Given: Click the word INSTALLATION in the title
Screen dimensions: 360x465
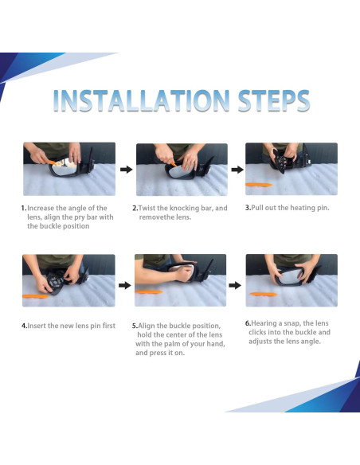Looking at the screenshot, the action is [x=142, y=100].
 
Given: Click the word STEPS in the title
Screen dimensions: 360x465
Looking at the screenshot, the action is [x=274, y=100].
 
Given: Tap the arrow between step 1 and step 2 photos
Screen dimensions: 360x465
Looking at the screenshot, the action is [x=127, y=170].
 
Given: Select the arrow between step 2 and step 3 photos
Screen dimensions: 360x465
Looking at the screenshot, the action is [x=237, y=170].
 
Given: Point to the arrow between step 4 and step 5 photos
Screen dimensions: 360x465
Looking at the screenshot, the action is [x=125, y=285].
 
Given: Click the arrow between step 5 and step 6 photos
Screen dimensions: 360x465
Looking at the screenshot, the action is [x=235, y=285].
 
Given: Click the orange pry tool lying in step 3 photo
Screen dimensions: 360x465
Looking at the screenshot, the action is [x=259, y=185].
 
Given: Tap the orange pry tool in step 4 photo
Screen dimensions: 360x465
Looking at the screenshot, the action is [x=35, y=296].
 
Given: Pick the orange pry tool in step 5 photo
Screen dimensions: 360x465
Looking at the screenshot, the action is [x=149, y=291].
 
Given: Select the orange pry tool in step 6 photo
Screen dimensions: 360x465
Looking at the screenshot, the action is [x=264, y=294].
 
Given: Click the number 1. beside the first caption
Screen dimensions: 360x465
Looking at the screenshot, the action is [x=24, y=208].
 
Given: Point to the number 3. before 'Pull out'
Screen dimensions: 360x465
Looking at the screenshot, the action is [x=248, y=208].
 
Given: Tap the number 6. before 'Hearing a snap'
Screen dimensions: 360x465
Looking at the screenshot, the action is [x=248, y=323].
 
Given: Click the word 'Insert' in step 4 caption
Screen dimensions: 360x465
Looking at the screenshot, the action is [x=37, y=326].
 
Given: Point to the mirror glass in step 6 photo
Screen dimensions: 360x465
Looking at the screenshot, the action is [x=288, y=278].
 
